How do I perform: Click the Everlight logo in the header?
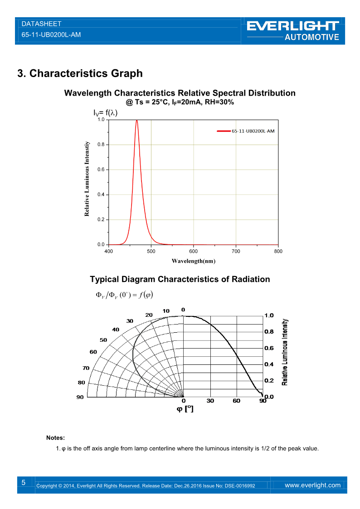click(x=293, y=30)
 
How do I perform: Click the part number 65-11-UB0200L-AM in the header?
click(x=51, y=34)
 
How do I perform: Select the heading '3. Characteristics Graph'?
click(x=80, y=73)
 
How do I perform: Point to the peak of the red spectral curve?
click(x=136, y=121)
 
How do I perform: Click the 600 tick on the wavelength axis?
click(x=194, y=251)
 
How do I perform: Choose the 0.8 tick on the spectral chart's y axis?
click(x=101, y=145)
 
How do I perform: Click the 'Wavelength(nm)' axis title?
click(x=193, y=261)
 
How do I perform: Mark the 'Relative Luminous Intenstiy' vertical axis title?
click(x=87, y=179)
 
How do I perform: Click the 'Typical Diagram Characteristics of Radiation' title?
click(x=180, y=279)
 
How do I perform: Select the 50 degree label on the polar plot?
click(x=103, y=339)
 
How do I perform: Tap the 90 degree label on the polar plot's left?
click(x=79, y=397)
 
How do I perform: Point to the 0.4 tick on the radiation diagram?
click(x=269, y=364)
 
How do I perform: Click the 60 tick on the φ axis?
click(x=237, y=401)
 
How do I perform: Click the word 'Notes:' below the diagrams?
click(x=55, y=438)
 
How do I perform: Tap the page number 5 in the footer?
click(x=24, y=483)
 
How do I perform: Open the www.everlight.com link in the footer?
click(x=312, y=485)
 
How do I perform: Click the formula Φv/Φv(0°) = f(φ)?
click(x=124, y=295)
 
